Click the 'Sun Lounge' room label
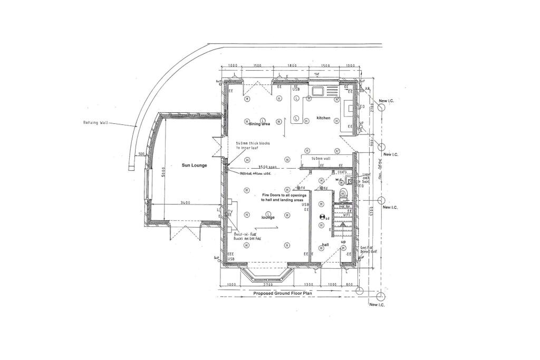pyautogui.click(x=195, y=166)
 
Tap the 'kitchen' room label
pyautogui.click(x=323, y=118)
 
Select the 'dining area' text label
pyautogui.click(x=259, y=124)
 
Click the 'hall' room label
pyautogui.click(x=325, y=245)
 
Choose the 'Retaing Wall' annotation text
pyautogui.click(x=95, y=122)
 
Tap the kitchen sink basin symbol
pyautogui.click(x=319, y=92)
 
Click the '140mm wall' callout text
pyautogui.click(x=321, y=158)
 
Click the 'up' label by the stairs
pyautogui.click(x=343, y=241)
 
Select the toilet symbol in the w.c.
pyautogui.click(x=343, y=193)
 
